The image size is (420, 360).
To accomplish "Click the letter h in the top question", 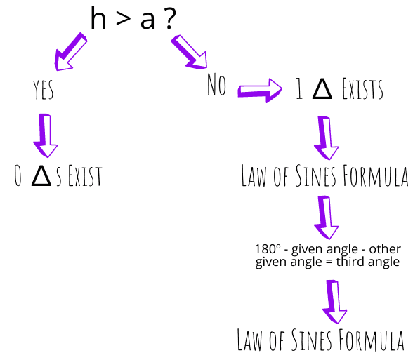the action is pos(98,18).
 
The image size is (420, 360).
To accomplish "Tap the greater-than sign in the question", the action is pos(124,19).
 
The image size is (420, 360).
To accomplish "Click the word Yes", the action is pos(44,90).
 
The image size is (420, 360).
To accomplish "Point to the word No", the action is pos(217,84).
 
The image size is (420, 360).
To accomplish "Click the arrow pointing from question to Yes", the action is pos(70,52).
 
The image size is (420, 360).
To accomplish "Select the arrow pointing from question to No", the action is pos(189,52).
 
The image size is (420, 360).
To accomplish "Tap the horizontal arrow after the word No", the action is pos(260,91).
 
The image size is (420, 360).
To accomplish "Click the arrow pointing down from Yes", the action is pos(45,135).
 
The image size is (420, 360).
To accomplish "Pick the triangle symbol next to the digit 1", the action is pos(322,89).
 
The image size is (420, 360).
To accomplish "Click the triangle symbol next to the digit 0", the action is pos(41,175).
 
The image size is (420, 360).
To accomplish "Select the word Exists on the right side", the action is pos(362,89).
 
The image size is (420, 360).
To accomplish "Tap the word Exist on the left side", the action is pos(85,175).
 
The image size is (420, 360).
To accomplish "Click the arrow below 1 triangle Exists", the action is pos(326,138).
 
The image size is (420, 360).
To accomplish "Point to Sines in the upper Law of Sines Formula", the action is pos(316,175).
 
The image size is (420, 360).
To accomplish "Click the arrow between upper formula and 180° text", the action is pos(326,218).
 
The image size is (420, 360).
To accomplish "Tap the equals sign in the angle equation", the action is pos(329,262).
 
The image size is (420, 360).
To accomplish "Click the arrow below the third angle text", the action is pos(334,302).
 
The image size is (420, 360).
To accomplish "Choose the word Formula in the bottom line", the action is pos(372,340).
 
